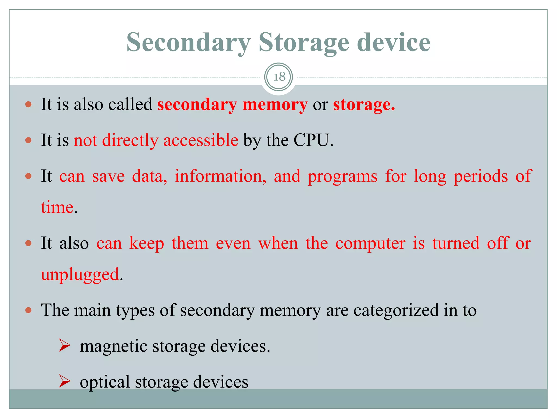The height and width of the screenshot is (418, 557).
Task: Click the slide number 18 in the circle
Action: point(279,77)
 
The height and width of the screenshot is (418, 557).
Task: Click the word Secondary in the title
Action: point(188,43)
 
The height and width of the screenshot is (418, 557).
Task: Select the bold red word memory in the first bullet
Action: point(275,105)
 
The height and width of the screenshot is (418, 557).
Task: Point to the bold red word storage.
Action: point(364,105)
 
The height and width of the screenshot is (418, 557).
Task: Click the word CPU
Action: point(313,140)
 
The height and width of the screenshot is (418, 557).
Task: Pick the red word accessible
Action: point(201,140)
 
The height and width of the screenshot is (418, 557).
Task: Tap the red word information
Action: point(220,176)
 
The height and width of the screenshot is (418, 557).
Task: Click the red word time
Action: point(57,207)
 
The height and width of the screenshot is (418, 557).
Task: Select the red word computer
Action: point(370,243)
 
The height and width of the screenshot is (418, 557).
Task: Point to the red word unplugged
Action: point(80,275)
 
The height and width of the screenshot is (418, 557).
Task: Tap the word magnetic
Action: point(113,346)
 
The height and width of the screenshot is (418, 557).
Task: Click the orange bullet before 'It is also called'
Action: point(29,104)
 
